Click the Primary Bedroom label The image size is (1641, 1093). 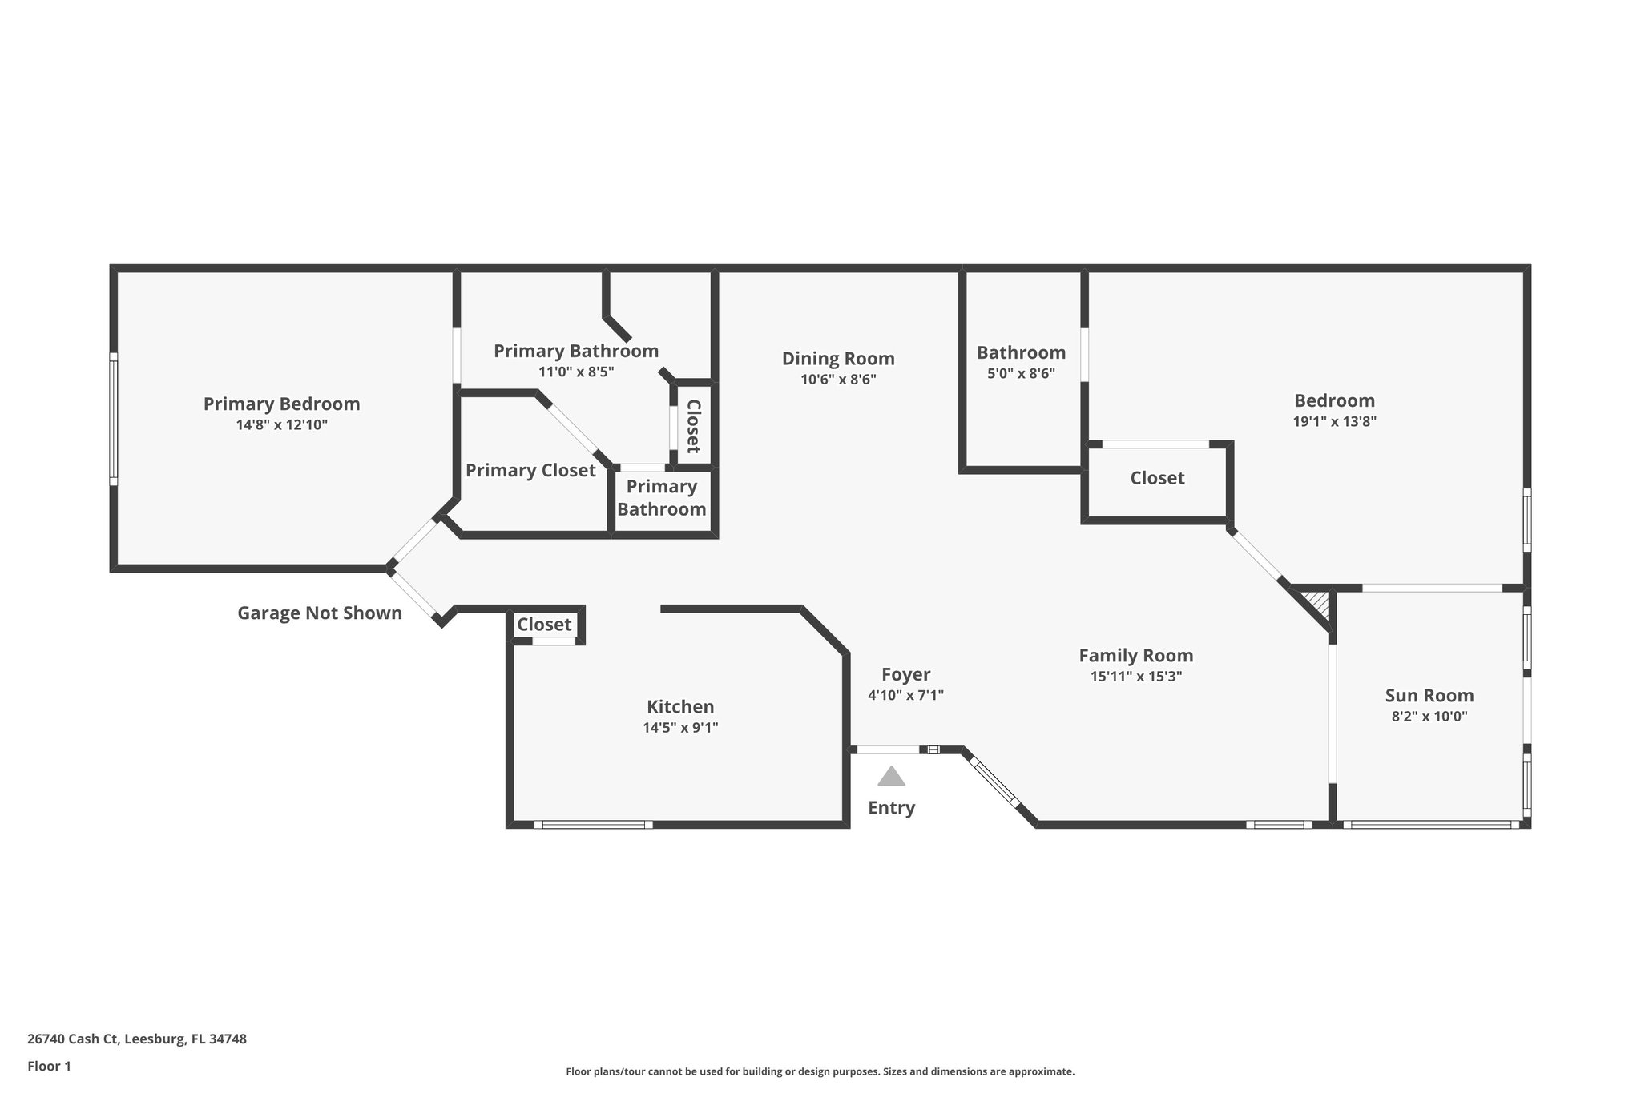281,404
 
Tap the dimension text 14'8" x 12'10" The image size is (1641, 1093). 281,425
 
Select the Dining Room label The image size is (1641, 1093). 838,359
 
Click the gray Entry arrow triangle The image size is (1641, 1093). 891,777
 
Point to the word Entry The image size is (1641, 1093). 891,807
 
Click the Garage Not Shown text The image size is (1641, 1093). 320,613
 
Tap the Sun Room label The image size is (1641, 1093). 1429,695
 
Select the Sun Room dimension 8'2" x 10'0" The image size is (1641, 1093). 1429,717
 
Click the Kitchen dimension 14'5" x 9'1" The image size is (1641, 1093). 680,728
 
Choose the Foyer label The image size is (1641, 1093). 905,674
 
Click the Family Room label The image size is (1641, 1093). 1135,655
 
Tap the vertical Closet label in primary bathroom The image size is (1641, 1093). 693,426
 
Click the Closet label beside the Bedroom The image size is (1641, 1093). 1157,478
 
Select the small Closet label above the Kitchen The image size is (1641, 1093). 544,624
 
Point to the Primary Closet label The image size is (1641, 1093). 530,470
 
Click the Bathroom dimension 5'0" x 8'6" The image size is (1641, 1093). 1021,373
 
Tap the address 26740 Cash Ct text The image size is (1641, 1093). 137,1039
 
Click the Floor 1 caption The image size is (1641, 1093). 49,1066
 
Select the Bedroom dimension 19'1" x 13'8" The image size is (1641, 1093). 1334,422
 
